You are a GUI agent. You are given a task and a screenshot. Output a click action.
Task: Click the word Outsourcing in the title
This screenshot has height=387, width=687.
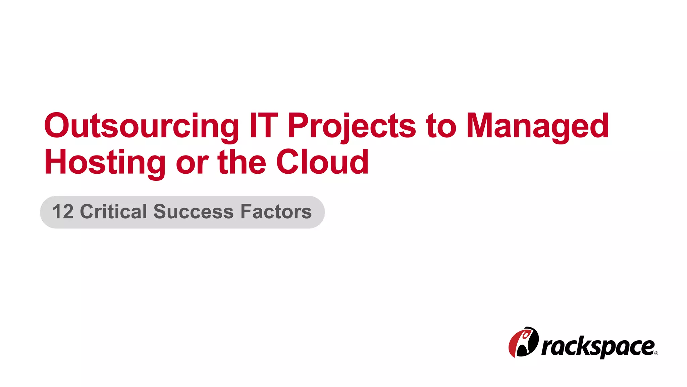pos(141,126)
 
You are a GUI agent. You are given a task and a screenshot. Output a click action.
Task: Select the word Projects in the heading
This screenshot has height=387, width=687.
pos(352,126)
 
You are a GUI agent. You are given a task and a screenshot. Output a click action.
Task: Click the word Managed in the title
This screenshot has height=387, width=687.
pos(537,126)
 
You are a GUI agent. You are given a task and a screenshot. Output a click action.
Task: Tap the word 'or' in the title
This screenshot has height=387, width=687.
pos(192,163)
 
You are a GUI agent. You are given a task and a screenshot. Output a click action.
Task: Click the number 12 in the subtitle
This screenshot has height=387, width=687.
pos(63,212)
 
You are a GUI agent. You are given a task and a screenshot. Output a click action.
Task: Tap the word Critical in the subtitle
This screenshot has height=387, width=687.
pos(114,212)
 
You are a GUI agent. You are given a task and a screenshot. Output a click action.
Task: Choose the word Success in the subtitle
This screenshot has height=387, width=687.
pos(193,212)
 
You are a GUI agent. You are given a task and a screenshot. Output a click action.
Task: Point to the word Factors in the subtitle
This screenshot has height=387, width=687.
pos(276,212)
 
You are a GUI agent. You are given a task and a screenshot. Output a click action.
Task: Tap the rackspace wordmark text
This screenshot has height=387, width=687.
pos(598,347)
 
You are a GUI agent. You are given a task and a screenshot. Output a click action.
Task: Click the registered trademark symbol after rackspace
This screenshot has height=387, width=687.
pos(656,353)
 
